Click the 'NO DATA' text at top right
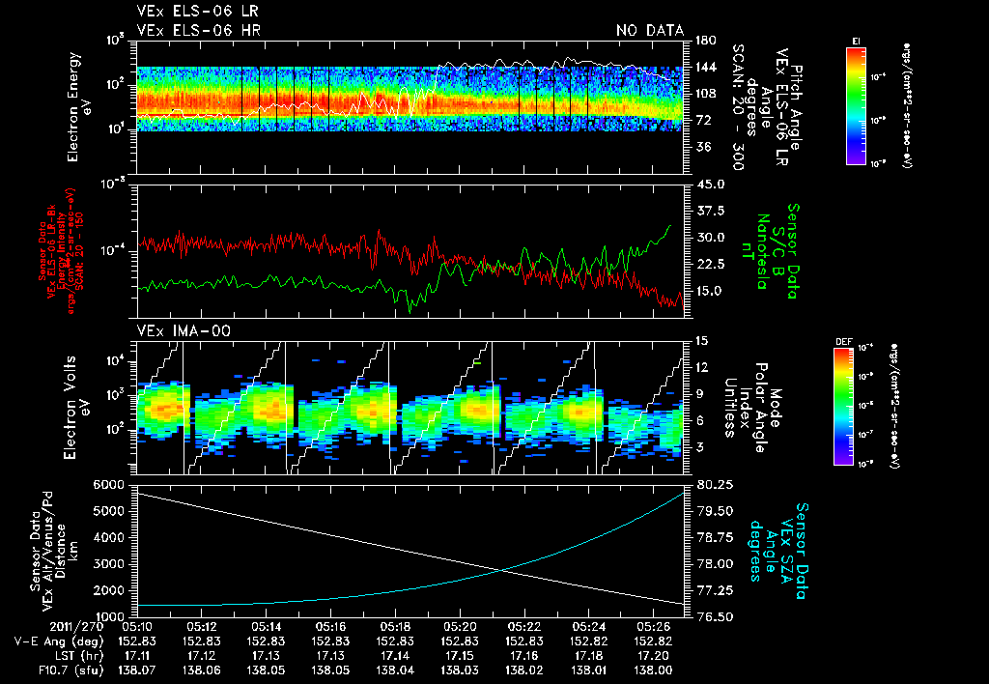pyautogui.click(x=649, y=31)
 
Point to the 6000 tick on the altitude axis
pyautogui.click(x=109, y=484)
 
